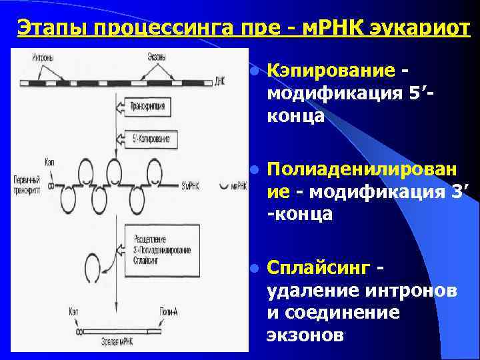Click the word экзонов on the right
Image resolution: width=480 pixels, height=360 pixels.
pyautogui.click(x=305, y=335)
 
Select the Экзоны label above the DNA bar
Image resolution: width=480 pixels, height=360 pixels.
pyautogui.click(x=158, y=57)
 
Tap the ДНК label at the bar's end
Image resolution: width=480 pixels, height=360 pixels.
pyautogui.click(x=219, y=81)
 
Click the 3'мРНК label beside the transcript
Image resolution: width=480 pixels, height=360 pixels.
pyautogui.click(x=189, y=184)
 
